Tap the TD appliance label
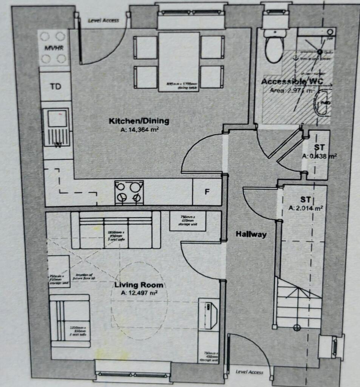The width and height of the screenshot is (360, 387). coord(56,87)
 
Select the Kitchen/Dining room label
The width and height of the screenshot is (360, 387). coord(139,121)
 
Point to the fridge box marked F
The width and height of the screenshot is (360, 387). coord(207,192)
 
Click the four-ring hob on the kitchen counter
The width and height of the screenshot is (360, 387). coord(129,192)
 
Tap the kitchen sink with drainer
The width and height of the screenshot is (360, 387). coord(56,127)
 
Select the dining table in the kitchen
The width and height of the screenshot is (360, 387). coord(179,62)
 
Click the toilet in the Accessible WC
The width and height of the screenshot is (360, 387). coord(274,47)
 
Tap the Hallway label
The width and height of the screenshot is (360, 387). coord(251,234)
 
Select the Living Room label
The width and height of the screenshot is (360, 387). coord(139,285)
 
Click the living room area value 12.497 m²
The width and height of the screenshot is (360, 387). coord(139,293)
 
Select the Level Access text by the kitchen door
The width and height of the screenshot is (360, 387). coord(104,20)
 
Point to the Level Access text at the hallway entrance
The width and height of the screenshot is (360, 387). coord(249,372)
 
